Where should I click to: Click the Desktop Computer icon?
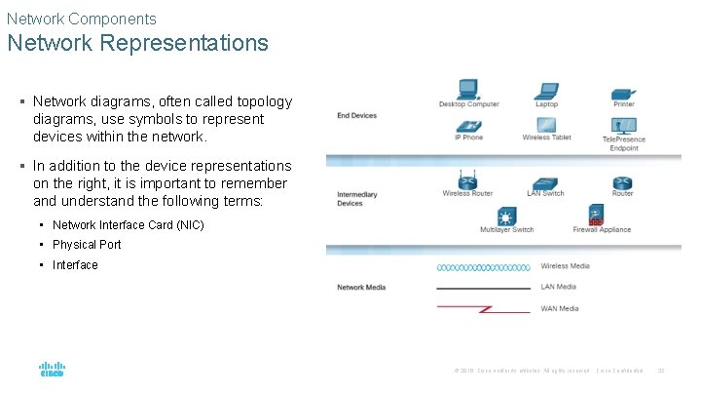pos(468,89)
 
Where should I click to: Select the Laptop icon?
pos(546,89)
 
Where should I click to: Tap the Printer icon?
pos(624,92)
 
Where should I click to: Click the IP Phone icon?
pos(468,126)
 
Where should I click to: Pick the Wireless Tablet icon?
pos(546,126)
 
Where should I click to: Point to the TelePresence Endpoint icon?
pos(624,126)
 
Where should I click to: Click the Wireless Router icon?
pos(468,180)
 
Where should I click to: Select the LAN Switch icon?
pos(545,182)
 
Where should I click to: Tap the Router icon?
pos(623,182)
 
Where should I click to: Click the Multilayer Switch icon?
pos(506,216)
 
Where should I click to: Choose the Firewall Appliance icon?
pos(596,215)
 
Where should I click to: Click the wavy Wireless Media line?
pos(484,266)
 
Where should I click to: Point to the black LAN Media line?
pos(484,289)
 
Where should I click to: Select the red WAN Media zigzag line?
pos(484,308)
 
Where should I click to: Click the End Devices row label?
pos(356,116)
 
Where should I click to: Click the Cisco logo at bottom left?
pos(52,370)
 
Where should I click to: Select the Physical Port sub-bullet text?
pos(87,245)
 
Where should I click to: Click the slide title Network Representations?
pos(137,43)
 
